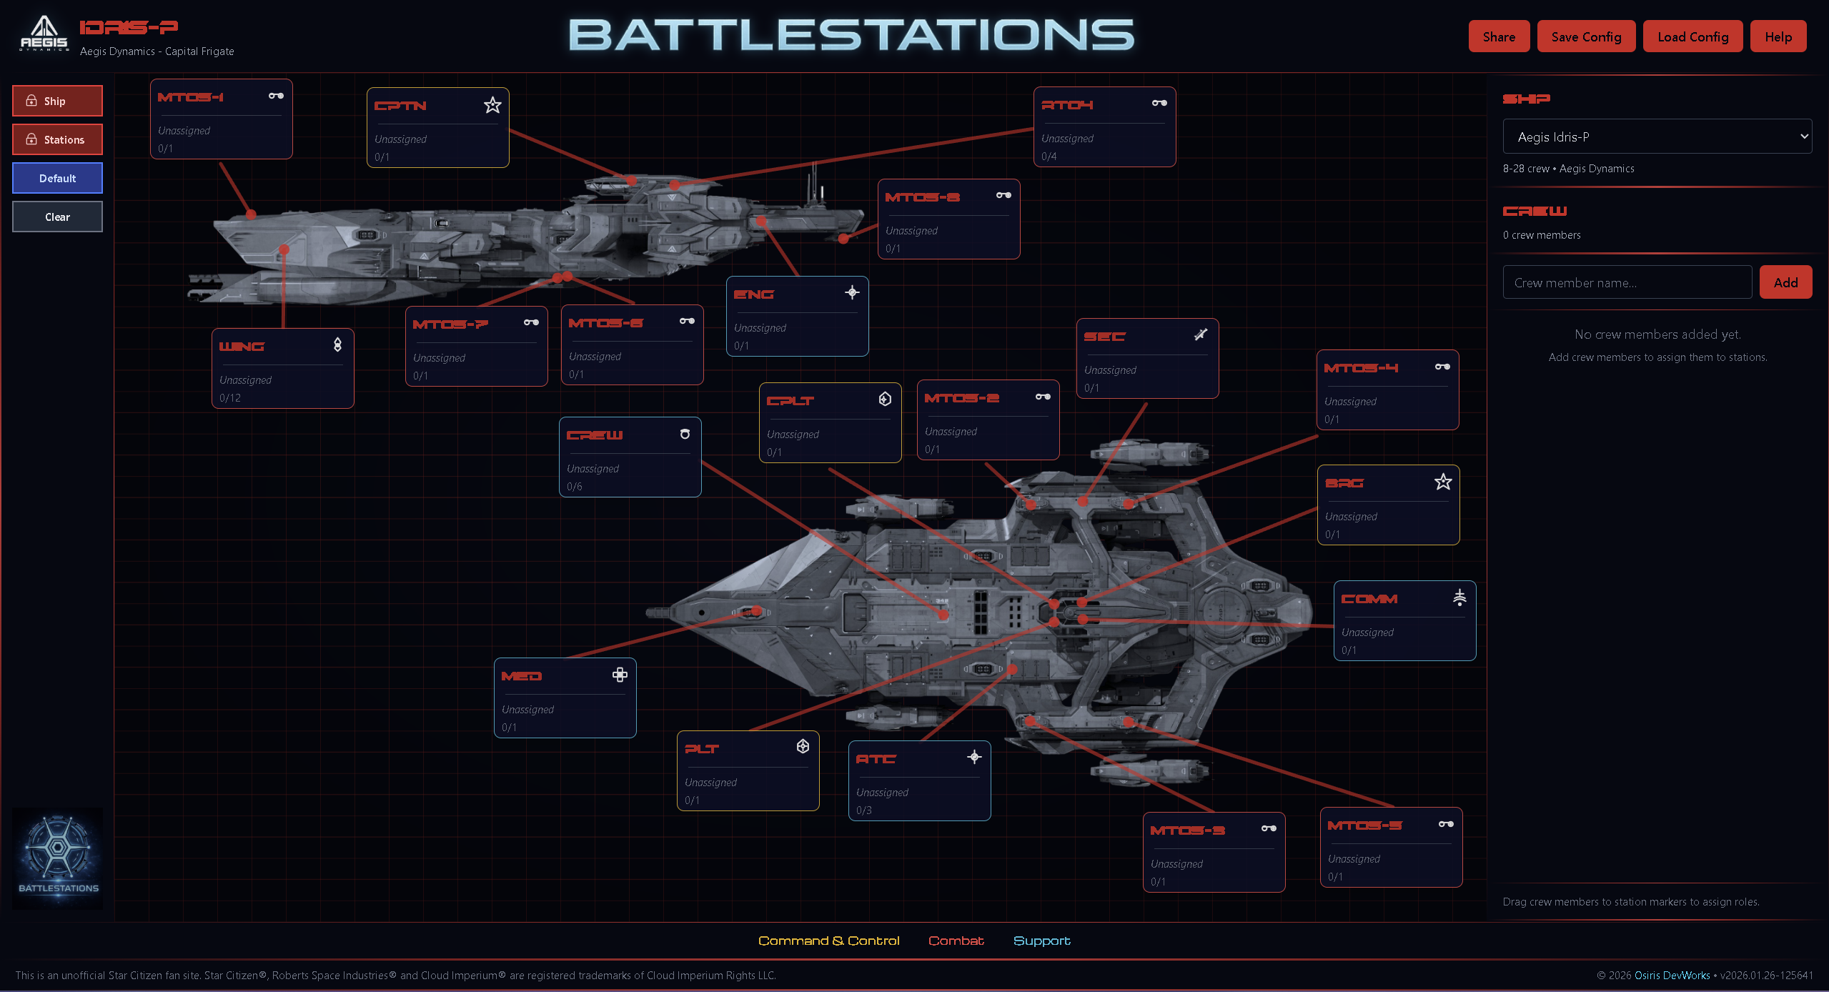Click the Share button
tap(1498, 36)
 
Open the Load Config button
tap(1692, 36)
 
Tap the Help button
tap(1778, 36)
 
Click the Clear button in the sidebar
tap(57, 217)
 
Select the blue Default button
tap(57, 178)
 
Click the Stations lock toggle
tap(57, 139)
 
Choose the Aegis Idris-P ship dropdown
tap(1657, 137)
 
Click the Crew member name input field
tap(1627, 282)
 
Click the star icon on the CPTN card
tap(492, 105)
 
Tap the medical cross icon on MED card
tap(620, 675)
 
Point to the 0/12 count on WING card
tap(230, 398)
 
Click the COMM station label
tap(1369, 599)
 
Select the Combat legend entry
tap(956, 941)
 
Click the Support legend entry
tap(1041, 941)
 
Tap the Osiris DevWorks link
tap(1672, 976)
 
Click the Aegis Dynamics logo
tap(44, 34)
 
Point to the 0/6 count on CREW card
tap(575, 487)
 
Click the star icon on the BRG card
tap(1443, 482)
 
